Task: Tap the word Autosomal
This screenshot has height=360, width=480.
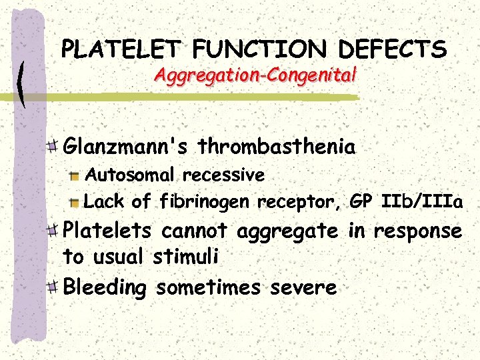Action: point(131,175)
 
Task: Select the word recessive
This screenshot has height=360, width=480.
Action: point(223,175)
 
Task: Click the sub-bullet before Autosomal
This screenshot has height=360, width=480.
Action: point(75,176)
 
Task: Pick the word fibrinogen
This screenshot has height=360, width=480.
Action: point(206,201)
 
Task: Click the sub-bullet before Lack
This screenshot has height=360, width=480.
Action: point(75,201)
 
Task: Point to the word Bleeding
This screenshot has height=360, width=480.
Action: point(105,287)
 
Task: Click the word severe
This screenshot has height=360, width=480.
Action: point(303,287)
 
